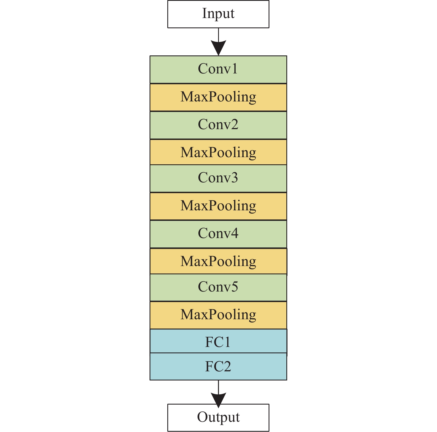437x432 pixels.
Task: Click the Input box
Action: [x=218, y=14]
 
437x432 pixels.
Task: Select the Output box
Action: [x=218, y=417]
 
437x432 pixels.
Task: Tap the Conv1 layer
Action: [x=218, y=69]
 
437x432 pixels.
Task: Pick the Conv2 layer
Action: [x=218, y=125]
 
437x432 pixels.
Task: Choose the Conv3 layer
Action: [x=218, y=178]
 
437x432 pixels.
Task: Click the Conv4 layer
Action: [x=218, y=234]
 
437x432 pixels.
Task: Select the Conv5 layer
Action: [x=218, y=287]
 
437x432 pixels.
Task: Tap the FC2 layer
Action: [x=218, y=366]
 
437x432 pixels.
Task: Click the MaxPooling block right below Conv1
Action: [x=218, y=97]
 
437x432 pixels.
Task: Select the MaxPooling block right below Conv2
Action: [x=218, y=152]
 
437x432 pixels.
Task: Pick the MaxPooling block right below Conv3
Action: [x=218, y=206]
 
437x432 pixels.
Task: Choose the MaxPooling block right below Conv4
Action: [x=218, y=261]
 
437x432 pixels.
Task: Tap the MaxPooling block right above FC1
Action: [x=218, y=315]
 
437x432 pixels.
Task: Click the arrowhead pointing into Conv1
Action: [x=218, y=48]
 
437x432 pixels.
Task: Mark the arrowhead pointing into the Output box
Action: [x=218, y=399]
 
